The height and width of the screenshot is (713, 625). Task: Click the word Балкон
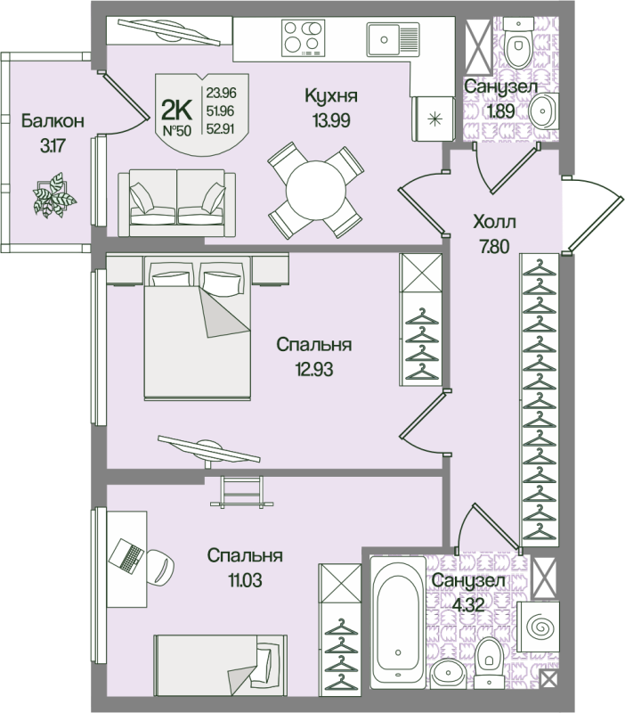(49, 120)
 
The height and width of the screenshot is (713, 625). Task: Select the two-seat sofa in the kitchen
(177, 197)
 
